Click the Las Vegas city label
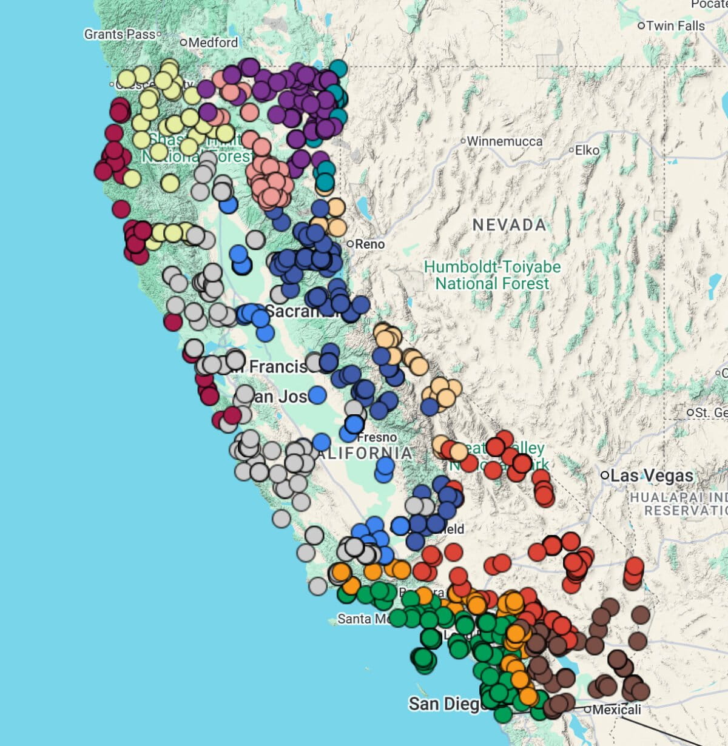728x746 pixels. click(x=652, y=475)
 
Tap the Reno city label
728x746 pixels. click(x=369, y=244)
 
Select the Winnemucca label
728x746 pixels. click(x=505, y=141)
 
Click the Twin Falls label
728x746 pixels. click(x=675, y=26)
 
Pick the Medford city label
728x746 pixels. click(x=213, y=42)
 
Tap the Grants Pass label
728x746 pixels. click(x=120, y=34)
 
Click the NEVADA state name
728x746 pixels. click(x=510, y=225)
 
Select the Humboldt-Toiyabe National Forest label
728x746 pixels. click(x=492, y=275)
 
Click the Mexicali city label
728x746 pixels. click(x=616, y=709)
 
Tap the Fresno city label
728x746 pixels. click(x=377, y=437)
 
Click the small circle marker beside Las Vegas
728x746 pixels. click(x=604, y=475)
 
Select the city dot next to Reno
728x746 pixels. click(x=350, y=244)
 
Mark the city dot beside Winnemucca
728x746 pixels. click(x=463, y=141)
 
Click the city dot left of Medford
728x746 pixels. click(x=184, y=42)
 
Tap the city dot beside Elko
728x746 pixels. click(x=571, y=149)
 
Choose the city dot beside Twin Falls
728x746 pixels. click(x=641, y=26)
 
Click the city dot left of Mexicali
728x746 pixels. click(x=587, y=709)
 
